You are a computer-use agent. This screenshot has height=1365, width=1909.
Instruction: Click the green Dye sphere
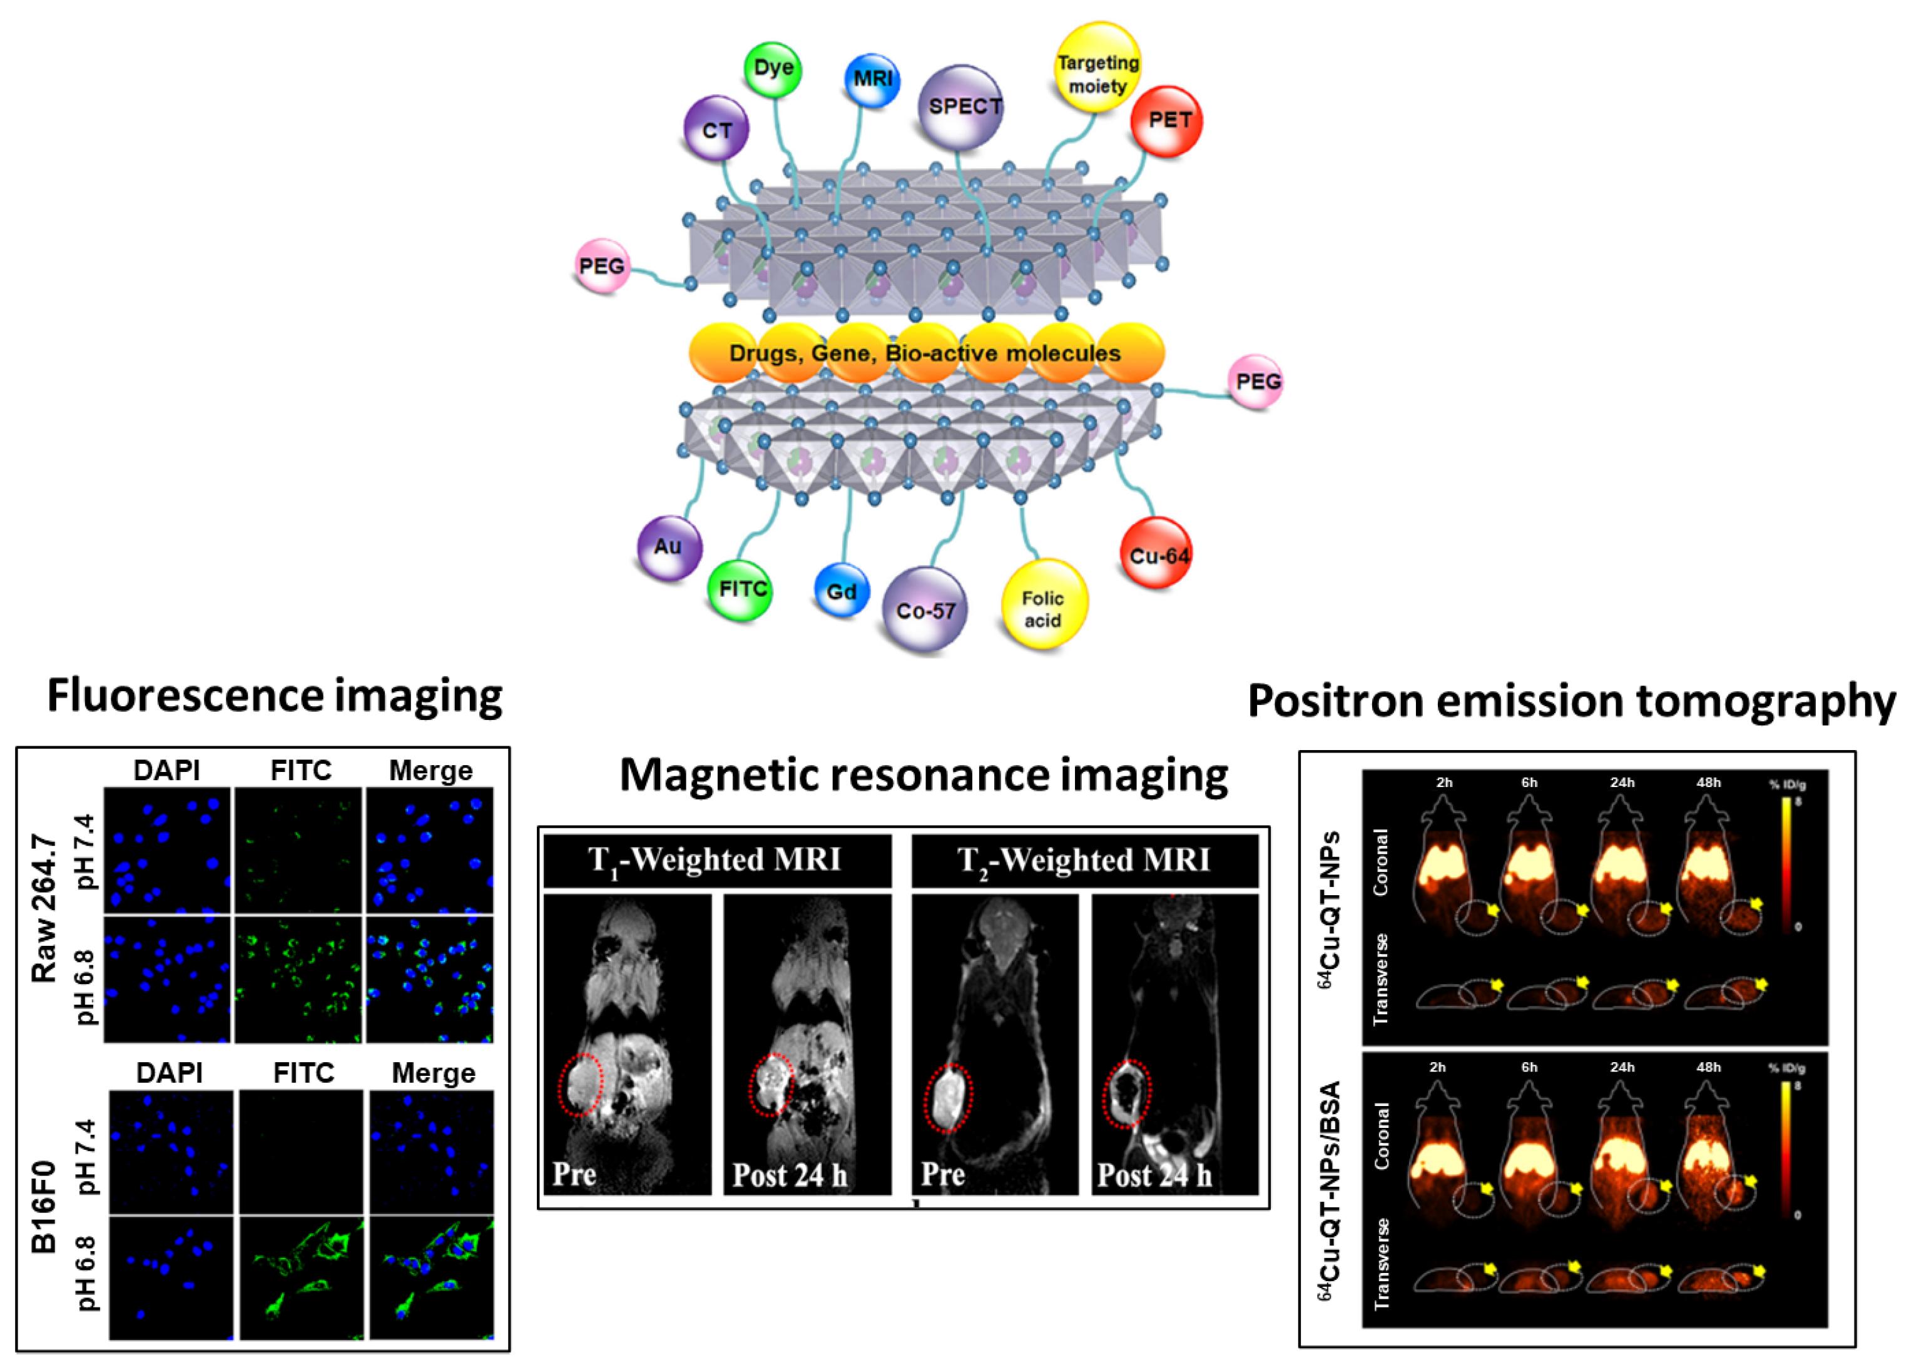point(773,68)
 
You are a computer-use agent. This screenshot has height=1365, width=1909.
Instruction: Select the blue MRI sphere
point(872,79)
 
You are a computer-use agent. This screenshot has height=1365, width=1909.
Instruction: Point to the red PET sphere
point(1165,120)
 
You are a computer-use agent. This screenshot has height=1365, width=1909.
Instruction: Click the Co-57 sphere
point(925,609)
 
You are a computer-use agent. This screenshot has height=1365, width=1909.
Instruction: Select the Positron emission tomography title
point(1570,702)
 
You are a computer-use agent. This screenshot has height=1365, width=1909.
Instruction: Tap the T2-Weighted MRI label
point(1084,859)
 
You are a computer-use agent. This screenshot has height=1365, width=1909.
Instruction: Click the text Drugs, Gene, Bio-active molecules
point(925,353)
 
